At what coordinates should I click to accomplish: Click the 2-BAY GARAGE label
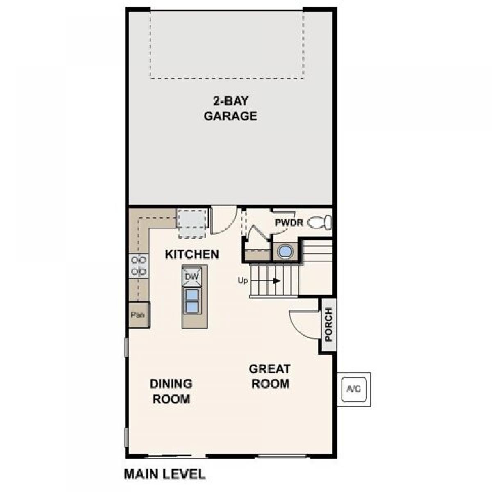point(230,109)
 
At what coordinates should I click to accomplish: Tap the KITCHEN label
point(192,255)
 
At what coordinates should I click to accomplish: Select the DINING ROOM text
point(171,392)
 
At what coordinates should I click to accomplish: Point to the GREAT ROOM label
point(270,376)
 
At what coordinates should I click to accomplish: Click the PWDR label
point(289,223)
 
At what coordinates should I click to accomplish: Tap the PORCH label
point(328,324)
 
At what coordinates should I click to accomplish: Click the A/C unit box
point(354,389)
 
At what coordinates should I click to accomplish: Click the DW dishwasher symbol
point(192,276)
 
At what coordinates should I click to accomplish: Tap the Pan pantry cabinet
point(139,314)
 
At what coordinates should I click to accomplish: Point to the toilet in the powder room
point(320,222)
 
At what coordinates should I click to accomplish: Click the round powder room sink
point(285,252)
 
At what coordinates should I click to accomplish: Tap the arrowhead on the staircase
point(276,280)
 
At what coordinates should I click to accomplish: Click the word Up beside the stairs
point(243,280)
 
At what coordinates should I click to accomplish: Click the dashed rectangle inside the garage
point(227,45)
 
